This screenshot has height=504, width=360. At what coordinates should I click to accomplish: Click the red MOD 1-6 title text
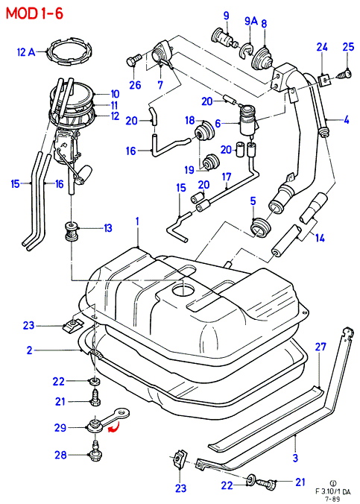click(x=35, y=14)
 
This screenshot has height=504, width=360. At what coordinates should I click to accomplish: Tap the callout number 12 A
click(x=26, y=52)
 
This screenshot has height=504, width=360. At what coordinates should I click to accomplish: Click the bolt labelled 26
click(x=134, y=60)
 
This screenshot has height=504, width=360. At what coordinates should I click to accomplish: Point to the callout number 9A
click(x=251, y=21)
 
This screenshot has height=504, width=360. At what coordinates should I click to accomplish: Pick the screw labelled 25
click(x=343, y=75)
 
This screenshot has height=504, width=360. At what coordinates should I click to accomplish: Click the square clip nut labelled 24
click(x=324, y=80)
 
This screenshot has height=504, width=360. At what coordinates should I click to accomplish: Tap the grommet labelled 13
click(x=71, y=231)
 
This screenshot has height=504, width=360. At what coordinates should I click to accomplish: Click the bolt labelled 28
click(x=95, y=453)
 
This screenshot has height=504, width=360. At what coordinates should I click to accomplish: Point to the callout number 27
click(x=320, y=347)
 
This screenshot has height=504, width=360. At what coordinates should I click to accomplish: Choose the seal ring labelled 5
click(x=261, y=227)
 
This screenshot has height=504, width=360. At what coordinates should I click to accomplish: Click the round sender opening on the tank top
click(x=183, y=289)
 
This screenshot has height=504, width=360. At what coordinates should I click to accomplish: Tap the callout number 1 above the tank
click(x=137, y=221)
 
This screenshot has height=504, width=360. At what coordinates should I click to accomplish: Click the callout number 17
click(x=227, y=177)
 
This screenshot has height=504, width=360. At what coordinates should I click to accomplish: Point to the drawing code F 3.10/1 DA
click(x=332, y=491)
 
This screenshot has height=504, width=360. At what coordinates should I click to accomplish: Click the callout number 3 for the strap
click(x=295, y=458)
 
